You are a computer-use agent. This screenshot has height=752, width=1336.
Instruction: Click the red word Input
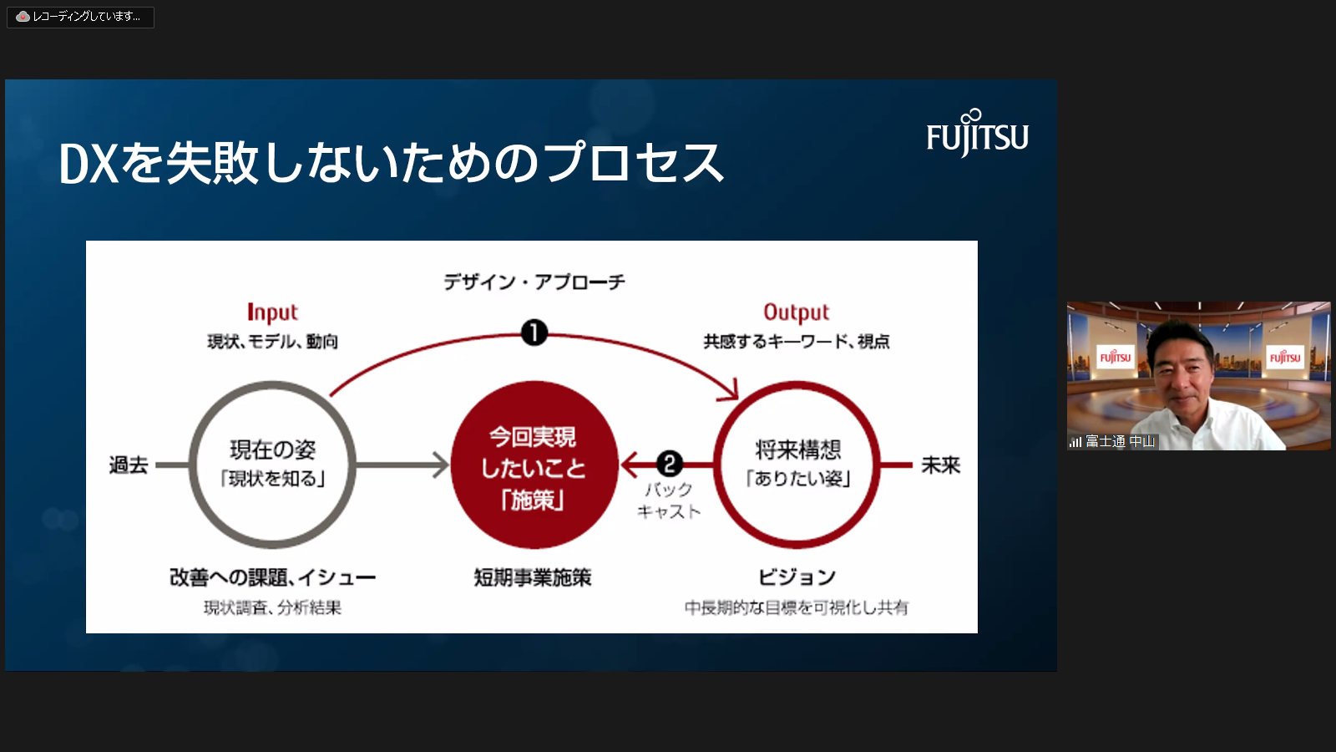click(x=272, y=312)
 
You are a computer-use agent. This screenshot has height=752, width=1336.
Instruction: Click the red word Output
click(x=796, y=312)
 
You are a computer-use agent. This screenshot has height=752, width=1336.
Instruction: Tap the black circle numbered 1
click(x=534, y=333)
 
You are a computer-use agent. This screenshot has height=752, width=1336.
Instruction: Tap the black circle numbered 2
click(x=669, y=464)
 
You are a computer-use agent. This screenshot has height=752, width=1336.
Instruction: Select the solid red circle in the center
click(x=534, y=465)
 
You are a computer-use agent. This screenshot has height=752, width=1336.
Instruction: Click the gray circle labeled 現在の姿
click(x=272, y=465)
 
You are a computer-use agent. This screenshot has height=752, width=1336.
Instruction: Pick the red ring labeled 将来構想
click(x=797, y=465)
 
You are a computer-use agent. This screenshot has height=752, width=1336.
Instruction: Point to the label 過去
click(x=129, y=465)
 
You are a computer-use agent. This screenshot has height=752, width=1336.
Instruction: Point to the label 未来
click(x=940, y=465)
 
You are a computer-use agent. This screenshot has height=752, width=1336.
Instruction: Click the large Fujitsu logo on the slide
click(x=977, y=135)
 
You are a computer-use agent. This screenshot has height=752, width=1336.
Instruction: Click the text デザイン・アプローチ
click(x=534, y=282)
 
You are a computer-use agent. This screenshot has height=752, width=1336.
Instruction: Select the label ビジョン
click(x=797, y=577)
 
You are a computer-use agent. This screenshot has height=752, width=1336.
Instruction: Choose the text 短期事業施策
click(x=533, y=577)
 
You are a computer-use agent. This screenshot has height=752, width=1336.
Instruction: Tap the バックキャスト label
click(x=669, y=500)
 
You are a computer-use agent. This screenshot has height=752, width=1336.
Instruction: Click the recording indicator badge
click(x=80, y=17)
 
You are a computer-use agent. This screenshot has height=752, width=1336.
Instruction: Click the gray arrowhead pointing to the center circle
click(x=440, y=465)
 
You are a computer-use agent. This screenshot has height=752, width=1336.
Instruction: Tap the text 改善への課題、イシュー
click(x=272, y=577)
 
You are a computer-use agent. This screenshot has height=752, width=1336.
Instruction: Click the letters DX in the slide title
click(x=89, y=164)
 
